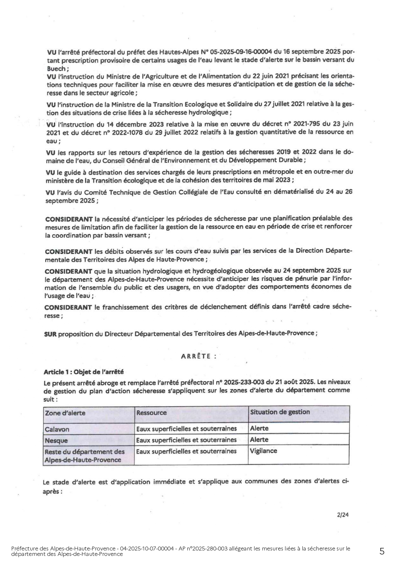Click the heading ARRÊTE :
(x=198, y=356)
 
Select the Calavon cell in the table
(x=57, y=429)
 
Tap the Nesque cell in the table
(x=56, y=440)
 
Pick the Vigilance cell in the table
(x=263, y=451)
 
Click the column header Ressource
(x=151, y=413)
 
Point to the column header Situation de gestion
(x=280, y=412)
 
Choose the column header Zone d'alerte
(x=65, y=413)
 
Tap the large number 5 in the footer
(x=382, y=551)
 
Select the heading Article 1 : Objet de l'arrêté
(x=84, y=372)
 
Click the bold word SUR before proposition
(x=50, y=334)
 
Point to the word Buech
(x=56, y=69)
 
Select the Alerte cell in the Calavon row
(x=259, y=428)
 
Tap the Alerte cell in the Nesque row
(x=259, y=440)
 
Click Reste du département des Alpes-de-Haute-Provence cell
(x=85, y=456)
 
